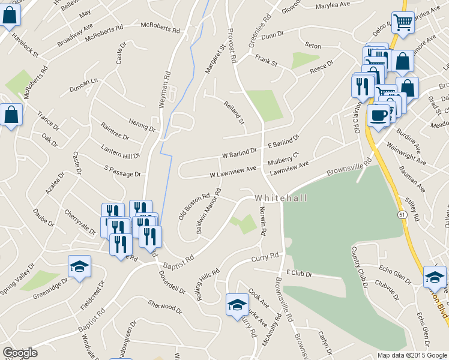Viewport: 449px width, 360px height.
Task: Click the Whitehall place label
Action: [280, 198]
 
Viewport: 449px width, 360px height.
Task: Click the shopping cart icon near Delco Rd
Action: [403, 23]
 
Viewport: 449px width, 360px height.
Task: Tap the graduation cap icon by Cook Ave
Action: [237, 304]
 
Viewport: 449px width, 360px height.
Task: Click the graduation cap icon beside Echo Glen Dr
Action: [435, 277]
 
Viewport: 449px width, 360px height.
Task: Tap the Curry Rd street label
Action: [265, 257]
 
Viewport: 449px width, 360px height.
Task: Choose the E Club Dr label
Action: [300, 274]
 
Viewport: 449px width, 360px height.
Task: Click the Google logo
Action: [20, 353]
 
